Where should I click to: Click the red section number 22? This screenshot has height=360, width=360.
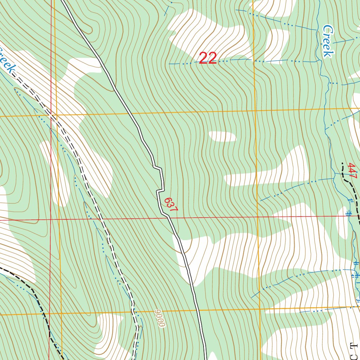click(207, 58)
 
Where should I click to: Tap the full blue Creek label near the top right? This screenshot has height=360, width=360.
click(328, 41)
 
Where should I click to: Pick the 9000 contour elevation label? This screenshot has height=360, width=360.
click(159, 319)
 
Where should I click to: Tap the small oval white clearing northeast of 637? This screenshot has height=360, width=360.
click(222, 136)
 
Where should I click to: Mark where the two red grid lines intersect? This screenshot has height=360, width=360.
click(51, 220)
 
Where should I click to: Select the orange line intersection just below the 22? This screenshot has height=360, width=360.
click(254, 111)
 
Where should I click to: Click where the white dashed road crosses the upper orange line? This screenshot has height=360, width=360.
click(53, 115)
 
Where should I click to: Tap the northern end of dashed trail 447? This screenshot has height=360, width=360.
click(342, 163)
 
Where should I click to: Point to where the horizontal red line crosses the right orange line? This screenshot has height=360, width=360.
click(258, 217)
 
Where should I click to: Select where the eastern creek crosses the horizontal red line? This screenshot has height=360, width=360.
click(349, 216)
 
